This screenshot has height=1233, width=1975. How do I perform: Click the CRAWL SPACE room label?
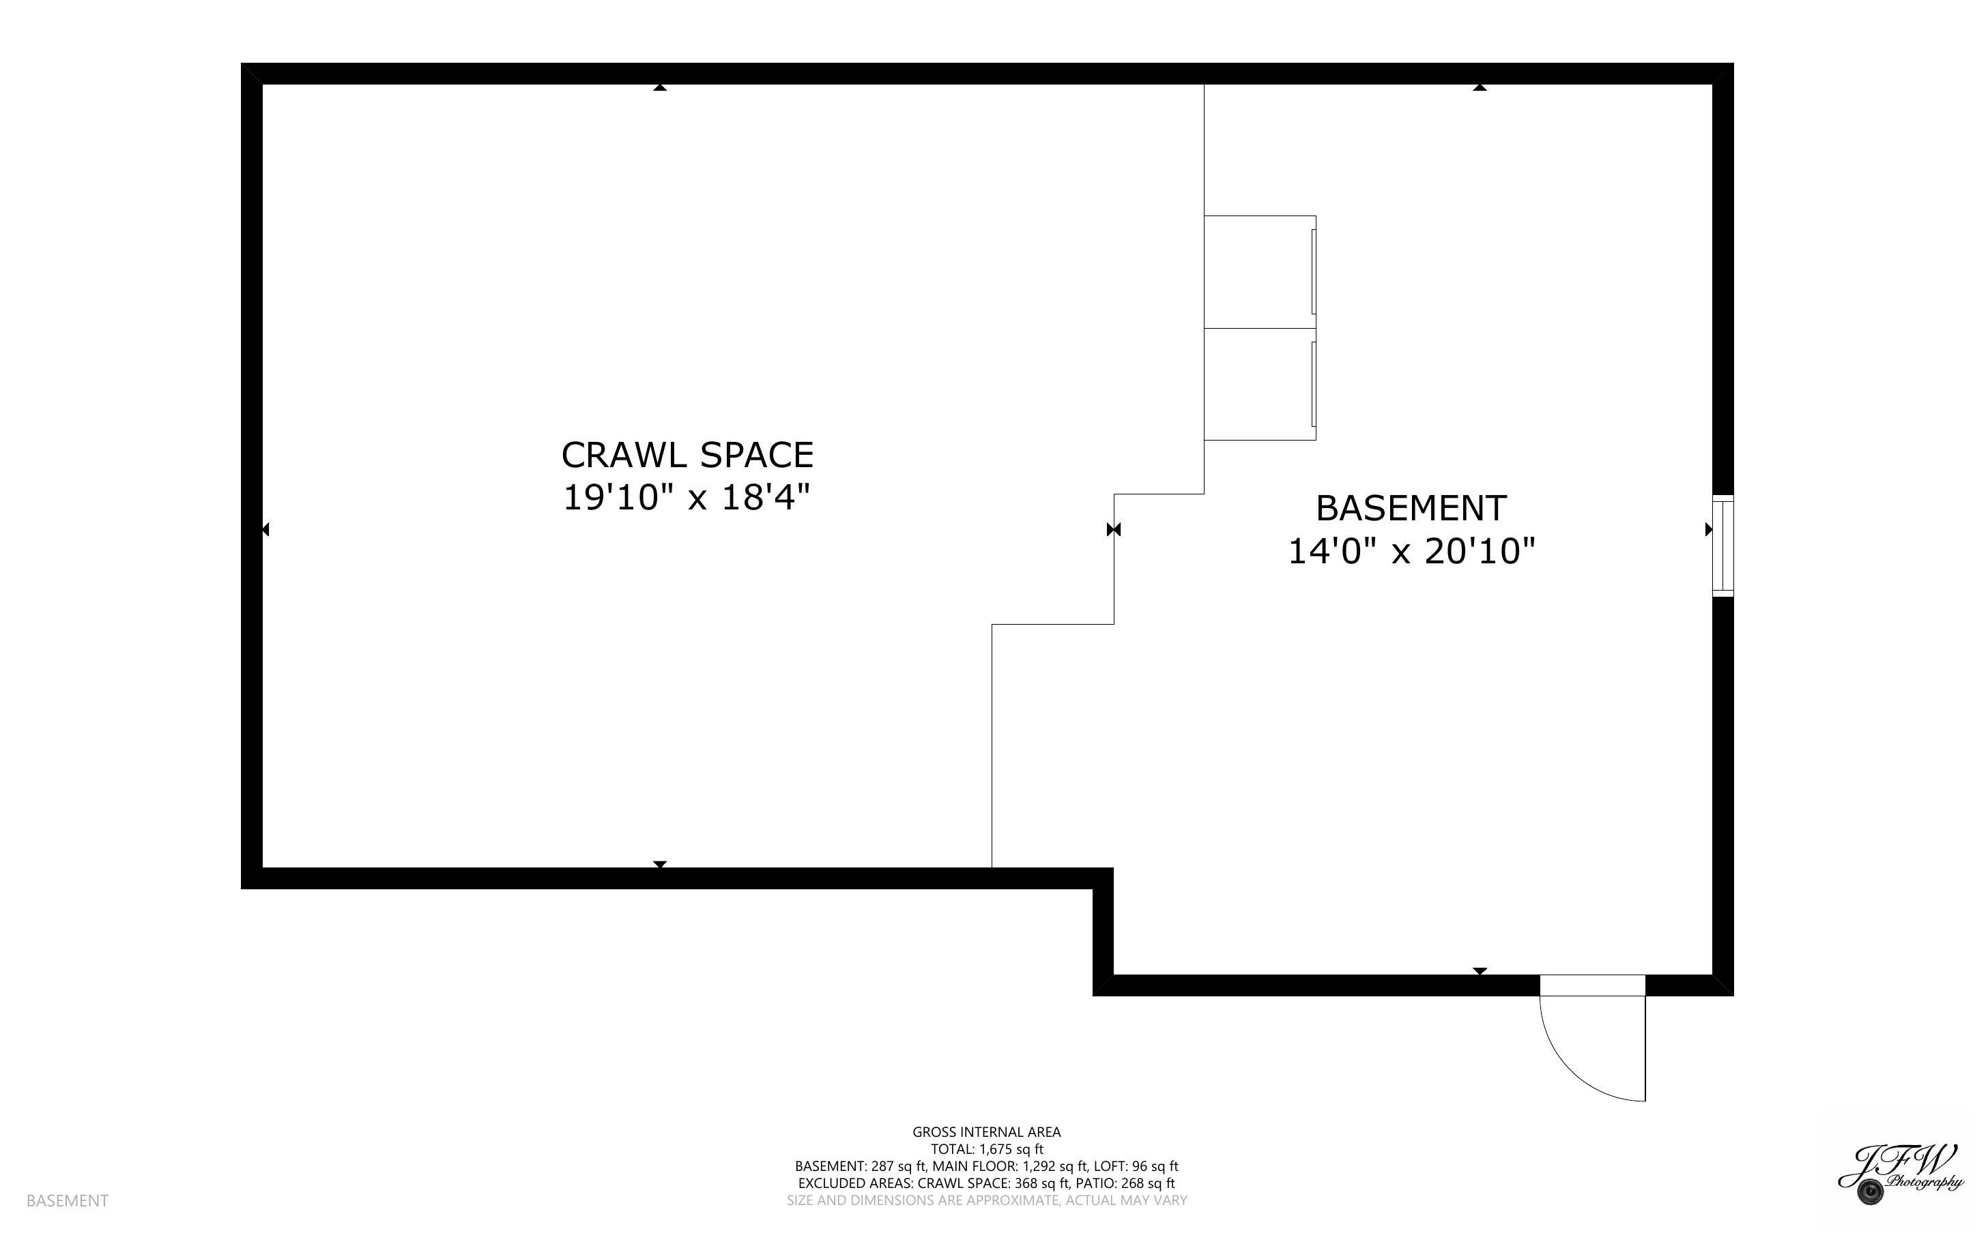tap(687, 455)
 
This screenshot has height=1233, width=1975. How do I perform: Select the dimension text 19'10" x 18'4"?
tap(687, 497)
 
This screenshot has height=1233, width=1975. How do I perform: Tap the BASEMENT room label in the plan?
tap(1411, 509)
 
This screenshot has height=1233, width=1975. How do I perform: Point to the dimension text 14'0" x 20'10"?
tap(1411, 551)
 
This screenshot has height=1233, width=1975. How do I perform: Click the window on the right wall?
tap(1721, 546)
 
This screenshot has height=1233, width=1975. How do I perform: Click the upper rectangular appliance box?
tap(1258, 271)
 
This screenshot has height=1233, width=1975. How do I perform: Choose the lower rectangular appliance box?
tap(1258, 384)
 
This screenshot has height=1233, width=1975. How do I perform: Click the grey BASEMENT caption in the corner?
tap(67, 1200)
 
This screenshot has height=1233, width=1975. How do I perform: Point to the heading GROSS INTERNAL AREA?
tap(986, 1132)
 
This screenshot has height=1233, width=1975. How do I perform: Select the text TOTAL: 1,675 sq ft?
tap(986, 1149)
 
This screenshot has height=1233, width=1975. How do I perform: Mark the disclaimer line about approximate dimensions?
tap(986, 1200)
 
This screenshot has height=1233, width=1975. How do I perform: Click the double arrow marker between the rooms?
tap(1114, 530)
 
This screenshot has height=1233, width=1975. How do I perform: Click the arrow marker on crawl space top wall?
tap(660, 87)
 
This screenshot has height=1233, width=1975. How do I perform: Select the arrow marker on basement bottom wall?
tap(1480, 970)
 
